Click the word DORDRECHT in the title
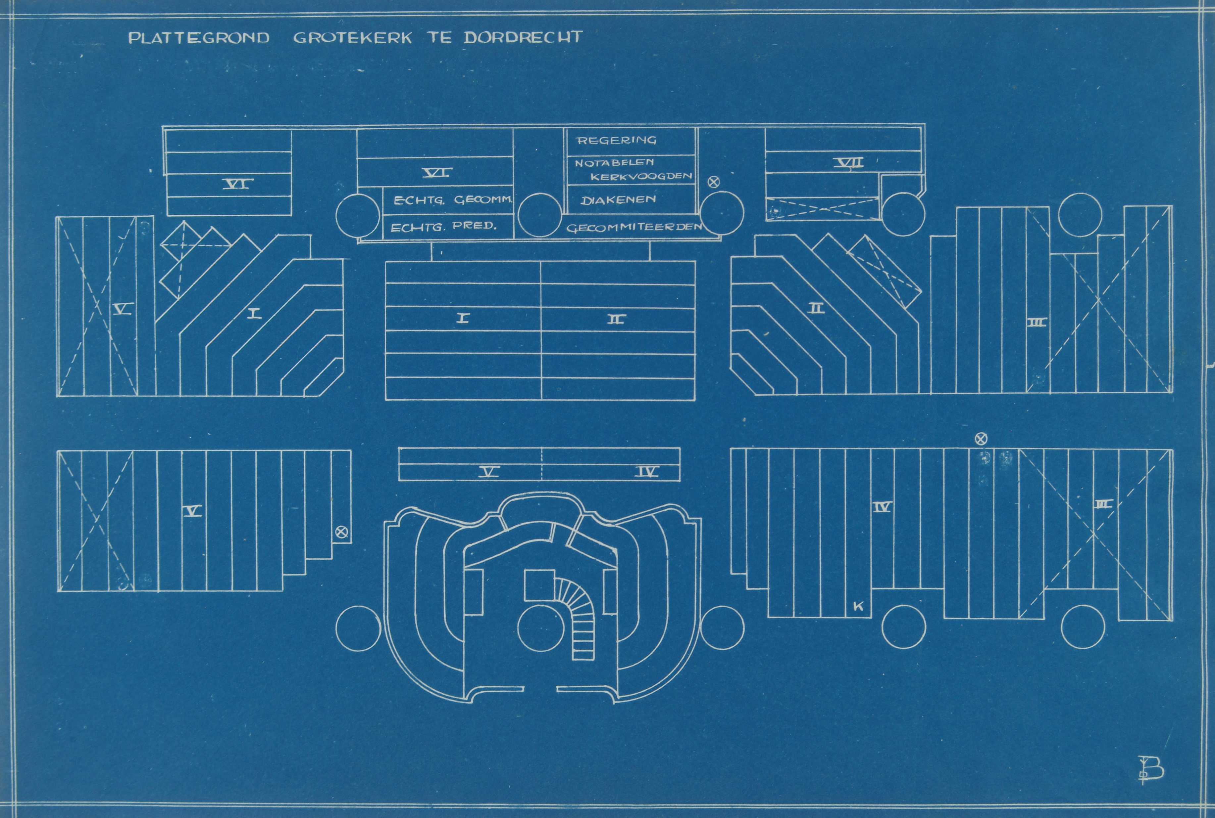[x=523, y=38]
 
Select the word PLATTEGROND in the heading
[x=199, y=38]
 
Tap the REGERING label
[x=616, y=140]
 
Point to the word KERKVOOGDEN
[x=641, y=176]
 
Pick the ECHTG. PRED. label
[x=443, y=226]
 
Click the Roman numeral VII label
[x=848, y=163]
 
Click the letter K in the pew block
[x=858, y=606]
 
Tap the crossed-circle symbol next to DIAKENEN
[x=713, y=182]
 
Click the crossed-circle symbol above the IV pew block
[x=981, y=439]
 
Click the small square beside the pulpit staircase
[x=539, y=585]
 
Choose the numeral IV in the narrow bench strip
[x=646, y=472]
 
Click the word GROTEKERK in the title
[x=352, y=38]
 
